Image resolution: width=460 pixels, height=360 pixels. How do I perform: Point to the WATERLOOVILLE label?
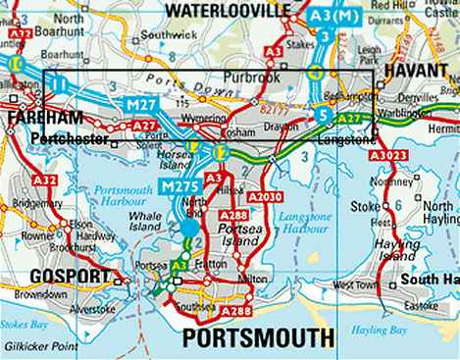[x=230, y=10]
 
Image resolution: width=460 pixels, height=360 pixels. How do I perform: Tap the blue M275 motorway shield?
[x=179, y=186]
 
